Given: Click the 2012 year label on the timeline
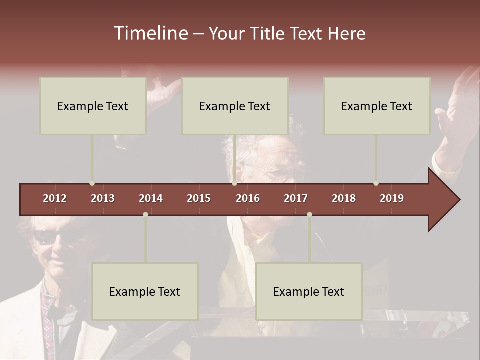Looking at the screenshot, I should click(55, 198).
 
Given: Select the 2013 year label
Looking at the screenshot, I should click(103, 198).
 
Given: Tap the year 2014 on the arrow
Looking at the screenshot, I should click(151, 198).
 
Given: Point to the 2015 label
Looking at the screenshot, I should click(199, 198).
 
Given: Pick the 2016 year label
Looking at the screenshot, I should click(248, 198).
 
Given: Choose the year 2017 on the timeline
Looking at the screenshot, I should click(296, 198).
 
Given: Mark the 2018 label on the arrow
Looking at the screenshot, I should click(344, 198).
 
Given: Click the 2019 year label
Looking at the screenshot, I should click(392, 198).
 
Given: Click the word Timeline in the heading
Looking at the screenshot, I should click(150, 33).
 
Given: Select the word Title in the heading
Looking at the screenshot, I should click(268, 34).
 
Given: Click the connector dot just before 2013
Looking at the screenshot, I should click(92, 183).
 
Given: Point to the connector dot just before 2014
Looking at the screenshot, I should click(145, 214).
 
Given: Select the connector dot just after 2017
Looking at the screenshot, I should click(309, 214).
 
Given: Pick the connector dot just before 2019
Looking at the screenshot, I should click(376, 183).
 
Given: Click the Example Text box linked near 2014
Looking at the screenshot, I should click(145, 291).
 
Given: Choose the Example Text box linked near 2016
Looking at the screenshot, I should click(235, 106).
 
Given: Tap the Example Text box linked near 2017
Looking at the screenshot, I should click(309, 291).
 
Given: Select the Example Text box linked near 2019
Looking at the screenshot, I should click(377, 106).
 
